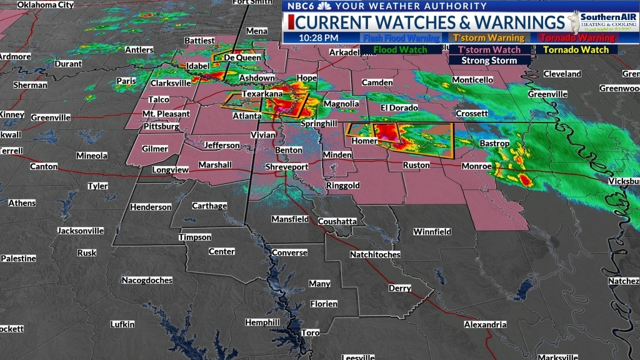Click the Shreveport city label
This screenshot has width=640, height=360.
[287, 167]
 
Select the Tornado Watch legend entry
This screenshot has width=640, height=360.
[576, 49]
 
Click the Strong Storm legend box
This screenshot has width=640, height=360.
[489, 61]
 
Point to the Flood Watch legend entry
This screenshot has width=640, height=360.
[400, 49]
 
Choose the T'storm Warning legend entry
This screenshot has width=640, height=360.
[488, 37]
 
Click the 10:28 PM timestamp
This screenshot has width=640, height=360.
[319, 37]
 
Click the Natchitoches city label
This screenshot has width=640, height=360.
[375, 254]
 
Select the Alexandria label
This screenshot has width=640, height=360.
[485, 324]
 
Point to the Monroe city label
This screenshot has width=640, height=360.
[477, 166]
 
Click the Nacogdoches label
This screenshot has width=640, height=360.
[147, 280]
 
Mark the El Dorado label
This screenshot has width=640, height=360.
[398, 107]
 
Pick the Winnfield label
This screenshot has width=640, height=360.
[432, 231]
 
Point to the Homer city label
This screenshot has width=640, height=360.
[365, 141]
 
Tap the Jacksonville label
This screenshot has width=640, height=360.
[81, 230]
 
